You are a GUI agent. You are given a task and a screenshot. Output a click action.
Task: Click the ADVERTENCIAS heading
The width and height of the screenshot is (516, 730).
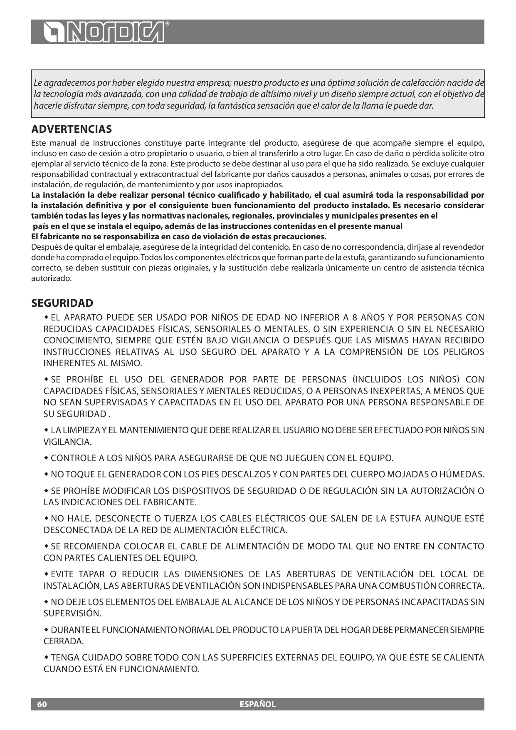72,129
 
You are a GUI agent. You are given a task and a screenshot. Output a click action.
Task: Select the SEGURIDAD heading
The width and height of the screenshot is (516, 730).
62,303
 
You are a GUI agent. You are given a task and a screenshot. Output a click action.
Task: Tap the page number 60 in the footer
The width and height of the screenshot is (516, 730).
42,704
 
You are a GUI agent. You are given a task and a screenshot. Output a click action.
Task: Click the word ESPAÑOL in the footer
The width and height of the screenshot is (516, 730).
258,704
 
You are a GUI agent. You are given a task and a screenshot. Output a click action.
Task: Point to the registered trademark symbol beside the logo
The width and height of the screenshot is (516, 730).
167,24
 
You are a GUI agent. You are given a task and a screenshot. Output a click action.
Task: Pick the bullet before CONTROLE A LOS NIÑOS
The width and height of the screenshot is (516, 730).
46,458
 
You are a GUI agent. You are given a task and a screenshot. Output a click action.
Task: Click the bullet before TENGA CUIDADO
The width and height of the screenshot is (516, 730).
46,658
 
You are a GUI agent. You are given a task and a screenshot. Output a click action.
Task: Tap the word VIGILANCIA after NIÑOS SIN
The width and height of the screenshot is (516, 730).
67,442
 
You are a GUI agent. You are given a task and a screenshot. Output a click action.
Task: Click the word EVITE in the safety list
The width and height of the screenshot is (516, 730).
62,574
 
